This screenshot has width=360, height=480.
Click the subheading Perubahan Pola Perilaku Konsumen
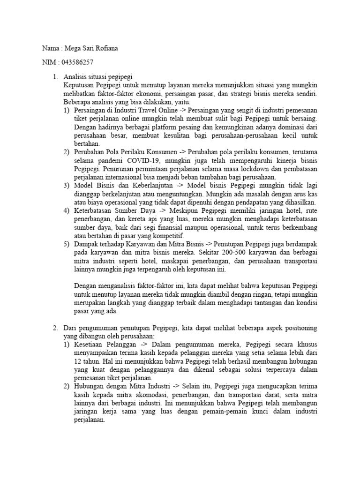point(126,152)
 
